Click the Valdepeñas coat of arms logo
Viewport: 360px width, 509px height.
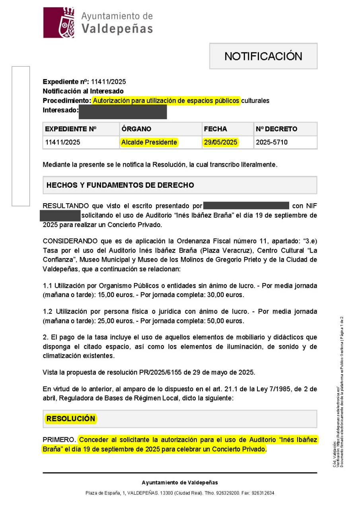click(59, 23)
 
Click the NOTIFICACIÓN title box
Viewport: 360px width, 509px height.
click(263, 56)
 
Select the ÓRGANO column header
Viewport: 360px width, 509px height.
click(136, 129)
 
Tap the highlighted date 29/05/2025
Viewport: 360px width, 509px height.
click(220, 142)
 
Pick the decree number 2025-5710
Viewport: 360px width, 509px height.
click(272, 142)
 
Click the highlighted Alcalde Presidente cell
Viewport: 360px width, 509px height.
click(149, 142)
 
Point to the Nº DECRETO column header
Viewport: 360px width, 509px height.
click(276, 129)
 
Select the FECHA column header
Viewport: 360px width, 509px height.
click(215, 129)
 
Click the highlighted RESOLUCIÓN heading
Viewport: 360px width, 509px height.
click(71, 419)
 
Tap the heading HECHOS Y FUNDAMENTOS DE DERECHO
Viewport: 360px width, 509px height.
click(120, 185)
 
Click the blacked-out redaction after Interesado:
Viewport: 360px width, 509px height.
click(123, 112)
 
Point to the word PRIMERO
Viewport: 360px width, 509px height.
click(59, 440)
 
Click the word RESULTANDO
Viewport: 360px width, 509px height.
click(66, 206)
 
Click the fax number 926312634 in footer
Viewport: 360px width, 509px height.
click(263, 493)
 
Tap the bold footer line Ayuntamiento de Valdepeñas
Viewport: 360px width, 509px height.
click(180, 482)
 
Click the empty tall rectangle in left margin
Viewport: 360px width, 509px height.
click(21, 136)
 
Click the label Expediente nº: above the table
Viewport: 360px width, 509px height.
click(66, 82)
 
